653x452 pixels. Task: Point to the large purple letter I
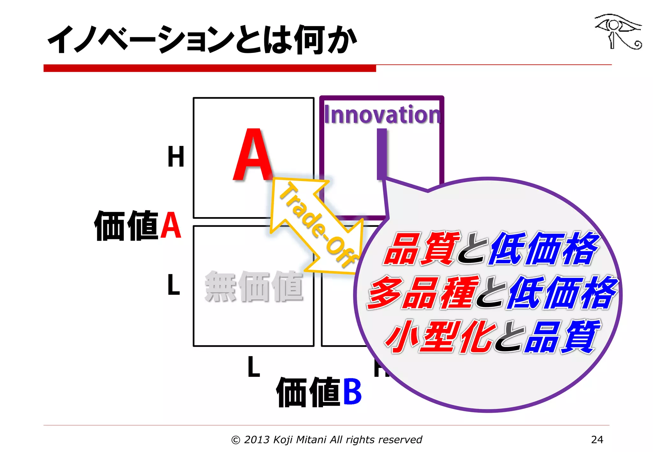coord(382,154)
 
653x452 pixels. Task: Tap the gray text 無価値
coord(253,286)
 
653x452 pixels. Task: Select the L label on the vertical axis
coord(174,284)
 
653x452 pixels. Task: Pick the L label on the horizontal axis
coord(254,367)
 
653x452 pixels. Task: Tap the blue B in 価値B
coord(352,391)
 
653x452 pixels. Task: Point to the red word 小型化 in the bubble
coord(440,337)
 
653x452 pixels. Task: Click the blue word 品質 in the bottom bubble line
coord(563,337)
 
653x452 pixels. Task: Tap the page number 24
coord(597,440)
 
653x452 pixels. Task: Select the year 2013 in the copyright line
coord(257,440)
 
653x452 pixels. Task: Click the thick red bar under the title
coord(209,68)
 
